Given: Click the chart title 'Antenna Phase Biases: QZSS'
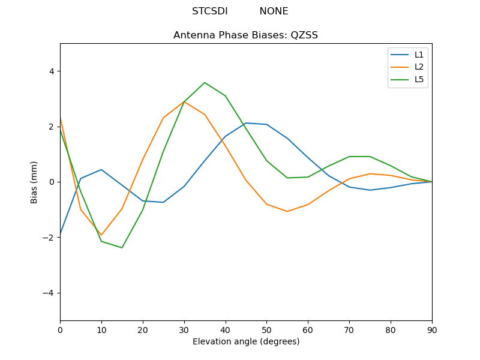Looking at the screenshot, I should (245, 35).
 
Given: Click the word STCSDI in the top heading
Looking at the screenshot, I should (209, 11).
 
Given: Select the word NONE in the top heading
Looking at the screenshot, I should (274, 11).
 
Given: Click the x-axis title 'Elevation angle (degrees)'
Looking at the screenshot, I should (245, 342).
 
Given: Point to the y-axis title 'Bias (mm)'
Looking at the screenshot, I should (35, 182).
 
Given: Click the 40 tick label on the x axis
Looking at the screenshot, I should (225, 329).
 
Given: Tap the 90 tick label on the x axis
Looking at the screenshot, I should (432, 329).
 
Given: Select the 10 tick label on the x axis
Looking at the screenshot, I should (101, 329).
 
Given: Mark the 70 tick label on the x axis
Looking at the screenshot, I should (349, 329).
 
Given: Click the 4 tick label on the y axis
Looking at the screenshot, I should (51, 71).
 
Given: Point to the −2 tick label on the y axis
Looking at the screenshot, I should (48, 238).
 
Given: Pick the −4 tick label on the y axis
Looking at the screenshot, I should (48, 293).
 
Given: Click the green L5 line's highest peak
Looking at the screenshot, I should (205, 83).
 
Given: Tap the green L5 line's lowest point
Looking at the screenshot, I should (122, 248).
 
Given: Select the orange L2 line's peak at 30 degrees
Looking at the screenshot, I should (184, 101).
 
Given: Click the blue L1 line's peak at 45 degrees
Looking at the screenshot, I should (246, 123).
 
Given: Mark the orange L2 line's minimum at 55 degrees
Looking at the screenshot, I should (287, 211).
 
